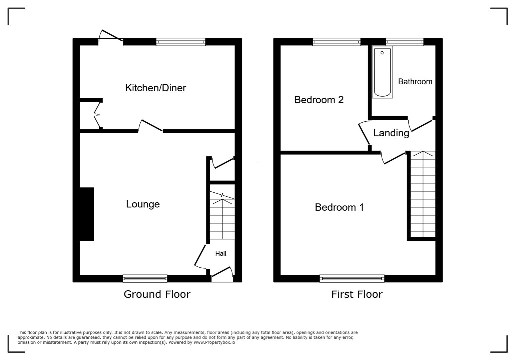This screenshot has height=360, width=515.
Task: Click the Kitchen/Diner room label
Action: (155, 88)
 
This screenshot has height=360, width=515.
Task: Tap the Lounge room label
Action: (143, 204)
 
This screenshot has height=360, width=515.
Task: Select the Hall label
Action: (220, 254)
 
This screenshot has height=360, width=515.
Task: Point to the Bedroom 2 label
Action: (319, 100)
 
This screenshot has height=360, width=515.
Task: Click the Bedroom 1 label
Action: (339, 207)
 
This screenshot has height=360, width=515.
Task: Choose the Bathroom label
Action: (415, 82)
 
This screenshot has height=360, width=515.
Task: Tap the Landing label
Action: (391, 133)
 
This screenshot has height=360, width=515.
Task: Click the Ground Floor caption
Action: (157, 294)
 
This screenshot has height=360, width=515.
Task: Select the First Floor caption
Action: (357, 294)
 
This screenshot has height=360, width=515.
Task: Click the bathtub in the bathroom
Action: (382, 72)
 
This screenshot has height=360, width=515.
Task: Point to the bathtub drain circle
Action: (382, 53)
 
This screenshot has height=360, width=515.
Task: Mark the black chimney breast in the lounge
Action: (86, 214)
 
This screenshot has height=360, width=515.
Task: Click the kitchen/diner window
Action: (180, 42)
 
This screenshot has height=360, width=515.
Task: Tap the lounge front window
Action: (145, 278)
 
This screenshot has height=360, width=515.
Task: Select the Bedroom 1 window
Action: (352, 278)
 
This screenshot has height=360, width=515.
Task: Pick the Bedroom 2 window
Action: (337, 42)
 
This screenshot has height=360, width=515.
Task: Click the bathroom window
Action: (405, 42)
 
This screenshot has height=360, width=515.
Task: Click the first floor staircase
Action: (423, 195)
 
